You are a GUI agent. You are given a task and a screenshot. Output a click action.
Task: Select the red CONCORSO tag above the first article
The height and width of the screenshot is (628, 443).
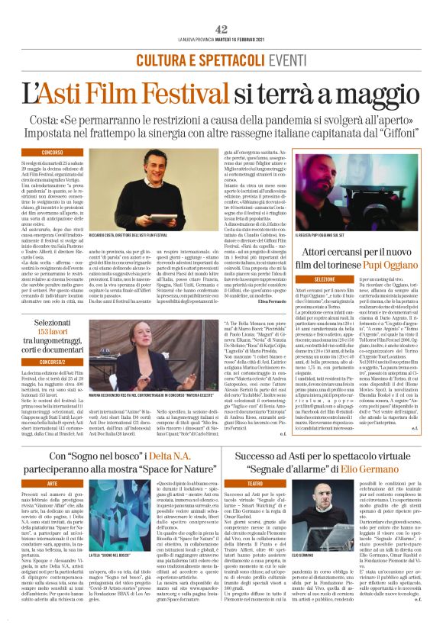click(53, 153)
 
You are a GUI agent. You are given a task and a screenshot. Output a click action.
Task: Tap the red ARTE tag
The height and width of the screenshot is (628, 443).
click(53, 483)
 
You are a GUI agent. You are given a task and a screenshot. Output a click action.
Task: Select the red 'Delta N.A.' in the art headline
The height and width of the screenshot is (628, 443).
click(175, 456)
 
